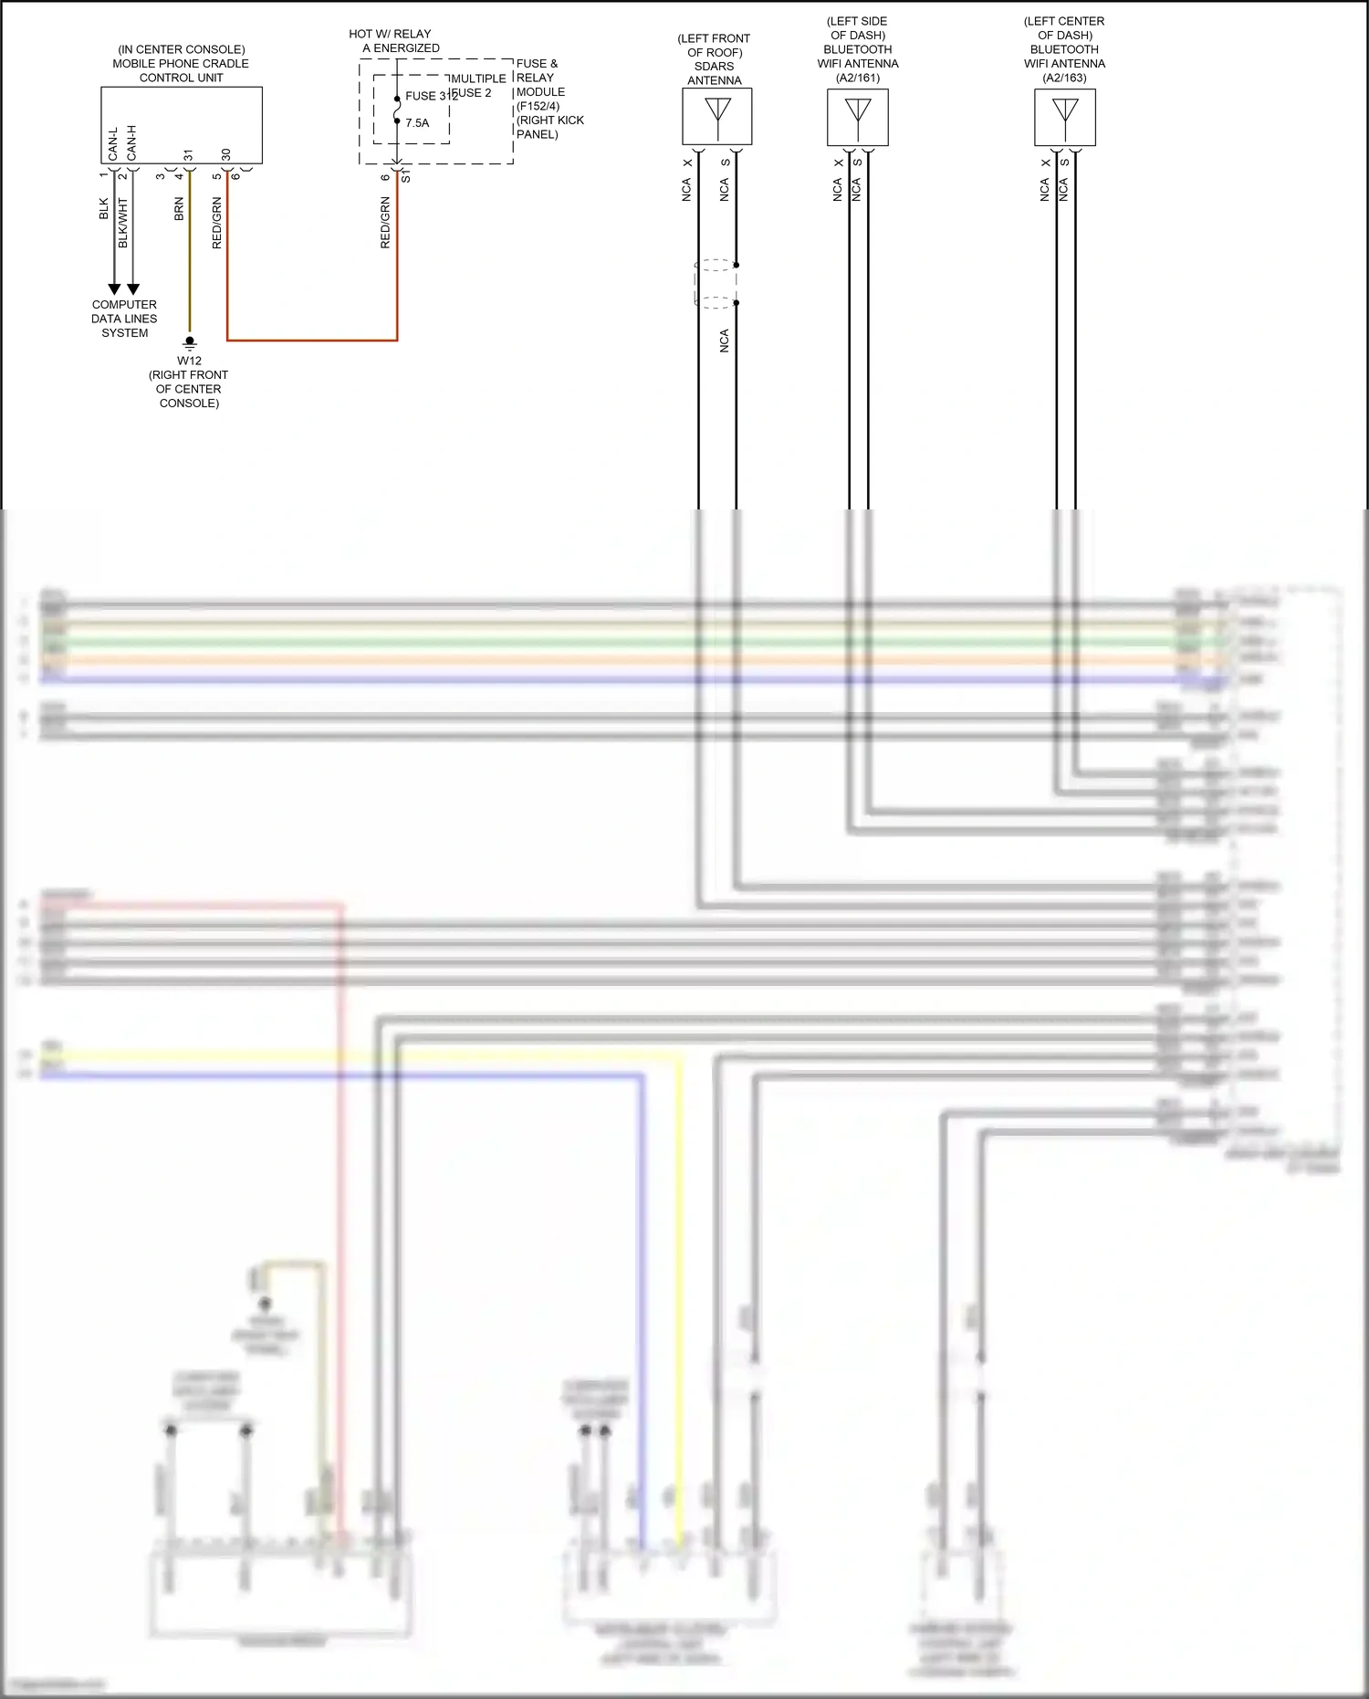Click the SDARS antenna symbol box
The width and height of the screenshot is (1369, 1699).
(x=716, y=116)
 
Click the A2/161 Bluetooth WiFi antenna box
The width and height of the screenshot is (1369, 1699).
(x=857, y=117)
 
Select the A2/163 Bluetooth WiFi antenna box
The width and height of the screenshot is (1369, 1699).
(x=1064, y=117)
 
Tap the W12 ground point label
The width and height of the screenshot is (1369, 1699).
(x=189, y=361)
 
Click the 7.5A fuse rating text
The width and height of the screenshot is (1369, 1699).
(x=417, y=123)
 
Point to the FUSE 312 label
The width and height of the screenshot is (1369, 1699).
(x=431, y=96)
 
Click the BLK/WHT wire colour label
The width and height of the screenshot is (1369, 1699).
(x=123, y=223)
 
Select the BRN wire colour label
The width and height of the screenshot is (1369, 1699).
(x=179, y=209)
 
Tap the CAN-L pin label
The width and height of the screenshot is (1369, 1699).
(x=113, y=144)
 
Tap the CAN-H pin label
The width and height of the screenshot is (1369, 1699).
(x=132, y=143)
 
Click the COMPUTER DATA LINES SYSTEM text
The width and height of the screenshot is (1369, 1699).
(x=124, y=319)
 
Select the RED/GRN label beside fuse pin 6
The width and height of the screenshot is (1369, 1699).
(x=385, y=223)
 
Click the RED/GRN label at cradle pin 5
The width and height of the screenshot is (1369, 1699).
(x=217, y=223)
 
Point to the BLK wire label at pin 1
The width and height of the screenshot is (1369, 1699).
(x=104, y=209)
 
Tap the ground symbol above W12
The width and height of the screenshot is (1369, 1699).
(x=190, y=342)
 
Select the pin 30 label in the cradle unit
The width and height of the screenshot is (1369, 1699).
(x=226, y=154)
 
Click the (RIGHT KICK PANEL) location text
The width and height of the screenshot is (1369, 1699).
(x=549, y=127)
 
